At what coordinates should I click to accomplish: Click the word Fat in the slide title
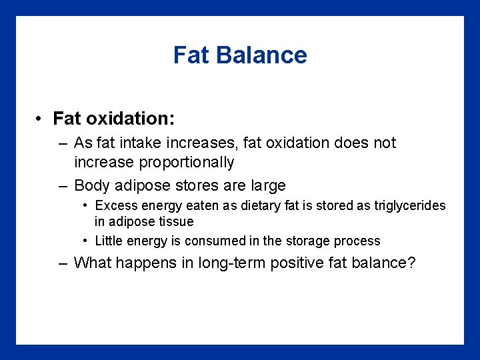pyautogui.click(x=191, y=55)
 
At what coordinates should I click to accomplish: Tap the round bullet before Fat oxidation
pyautogui.click(x=41, y=119)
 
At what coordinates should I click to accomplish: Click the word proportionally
pyautogui.click(x=154, y=162)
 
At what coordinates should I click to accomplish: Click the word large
pyautogui.click(x=265, y=185)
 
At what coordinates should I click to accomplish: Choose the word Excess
pyautogui.click(x=116, y=205)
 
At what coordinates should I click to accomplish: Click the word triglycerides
pyautogui.click(x=407, y=205)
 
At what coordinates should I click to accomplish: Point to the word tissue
pyautogui.click(x=175, y=221)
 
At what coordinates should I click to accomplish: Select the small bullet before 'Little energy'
pyautogui.click(x=87, y=241)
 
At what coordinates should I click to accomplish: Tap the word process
pyautogui.click(x=357, y=241)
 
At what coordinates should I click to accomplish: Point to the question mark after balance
pyautogui.click(x=411, y=263)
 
